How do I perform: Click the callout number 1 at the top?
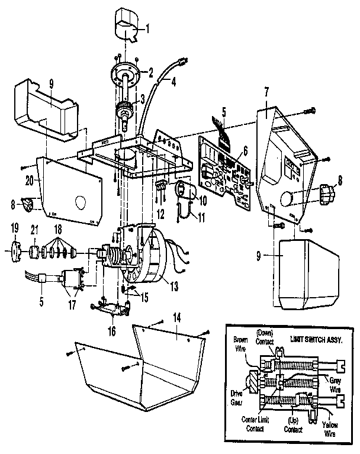[x=149, y=28]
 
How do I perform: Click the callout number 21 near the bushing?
[x=34, y=230]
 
